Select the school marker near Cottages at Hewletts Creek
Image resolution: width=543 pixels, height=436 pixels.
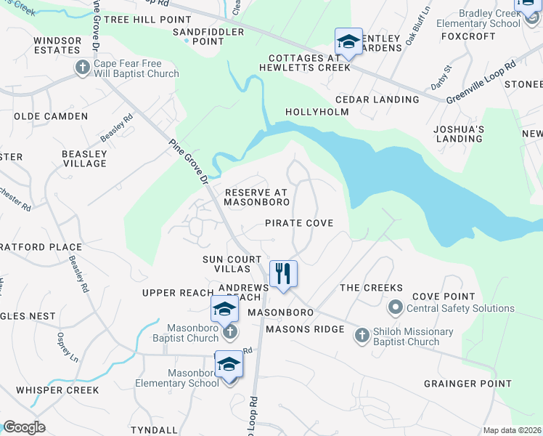[348, 42]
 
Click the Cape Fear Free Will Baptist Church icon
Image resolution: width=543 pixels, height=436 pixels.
[81, 68]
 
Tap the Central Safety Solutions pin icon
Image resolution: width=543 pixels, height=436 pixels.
[395, 307]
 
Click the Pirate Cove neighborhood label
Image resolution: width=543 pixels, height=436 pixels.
[299, 223]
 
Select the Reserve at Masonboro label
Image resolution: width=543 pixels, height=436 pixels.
[257, 197]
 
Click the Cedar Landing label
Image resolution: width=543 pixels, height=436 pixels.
[373, 100]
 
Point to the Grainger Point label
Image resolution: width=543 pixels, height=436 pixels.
[468, 384]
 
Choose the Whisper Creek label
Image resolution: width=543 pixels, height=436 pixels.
[57, 389]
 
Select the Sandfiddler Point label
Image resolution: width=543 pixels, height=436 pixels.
[197, 37]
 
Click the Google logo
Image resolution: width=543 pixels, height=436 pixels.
[24, 427]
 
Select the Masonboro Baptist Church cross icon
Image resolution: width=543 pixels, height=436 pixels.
[229, 331]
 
